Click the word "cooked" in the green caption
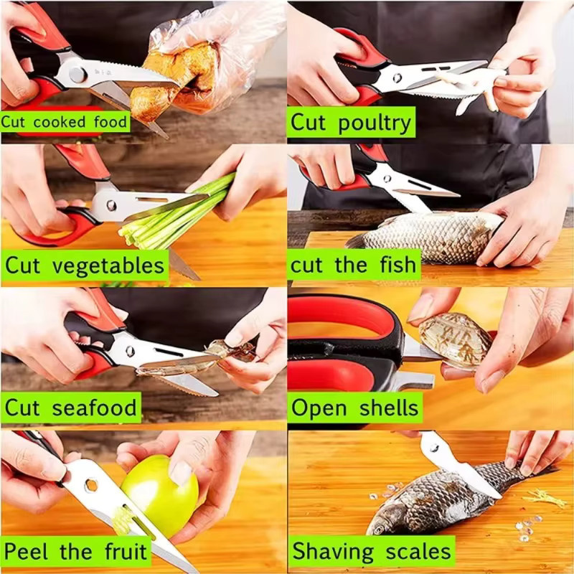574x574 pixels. (60, 122)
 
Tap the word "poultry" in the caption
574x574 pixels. (375, 123)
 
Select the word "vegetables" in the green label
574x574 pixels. (108, 266)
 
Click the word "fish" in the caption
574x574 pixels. (398, 264)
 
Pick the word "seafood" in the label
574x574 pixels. (95, 408)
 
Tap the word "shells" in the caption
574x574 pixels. (389, 408)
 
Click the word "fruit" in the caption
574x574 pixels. (126, 551)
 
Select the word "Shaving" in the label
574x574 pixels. (333, 552)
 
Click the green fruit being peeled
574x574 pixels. (160, 495)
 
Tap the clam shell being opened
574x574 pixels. (455, 340)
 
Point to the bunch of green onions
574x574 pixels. (176, 213)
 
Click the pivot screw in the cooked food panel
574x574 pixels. (77, 75)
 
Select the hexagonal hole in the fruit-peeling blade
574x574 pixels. (91, 486)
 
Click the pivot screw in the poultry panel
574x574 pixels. (397, 77)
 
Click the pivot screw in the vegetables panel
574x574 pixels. (111, 205)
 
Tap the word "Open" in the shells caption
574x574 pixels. (319, 408)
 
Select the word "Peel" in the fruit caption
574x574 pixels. (26, 551)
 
